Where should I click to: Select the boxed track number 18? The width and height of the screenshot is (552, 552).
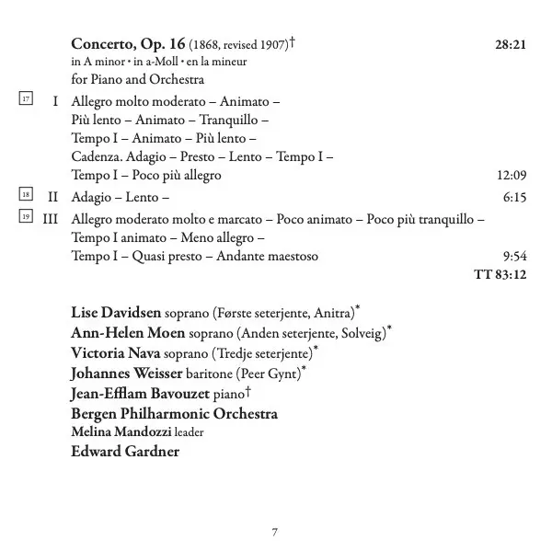(26, 196)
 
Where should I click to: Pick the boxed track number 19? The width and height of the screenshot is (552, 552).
(26, 217)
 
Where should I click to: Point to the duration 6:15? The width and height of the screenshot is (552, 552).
(514, 197)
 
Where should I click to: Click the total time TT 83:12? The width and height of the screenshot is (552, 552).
(500, 274)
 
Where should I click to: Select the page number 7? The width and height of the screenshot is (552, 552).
(275, 532)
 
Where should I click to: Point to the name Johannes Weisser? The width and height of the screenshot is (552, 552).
(124, 373)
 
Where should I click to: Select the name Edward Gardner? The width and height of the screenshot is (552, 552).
(124, 451)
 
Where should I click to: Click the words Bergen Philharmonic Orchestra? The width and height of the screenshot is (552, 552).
(174, 413)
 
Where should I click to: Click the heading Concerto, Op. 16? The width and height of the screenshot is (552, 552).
(129, 43)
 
